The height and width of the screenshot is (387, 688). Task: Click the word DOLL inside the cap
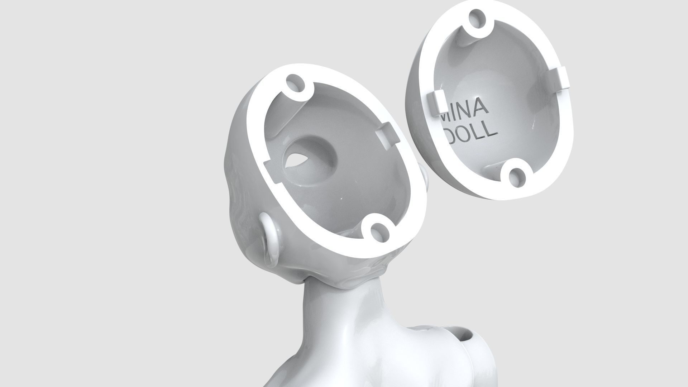coord(471,133)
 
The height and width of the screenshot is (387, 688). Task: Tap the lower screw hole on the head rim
coord(377,231)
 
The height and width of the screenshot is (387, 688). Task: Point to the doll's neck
coord(330,315)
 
